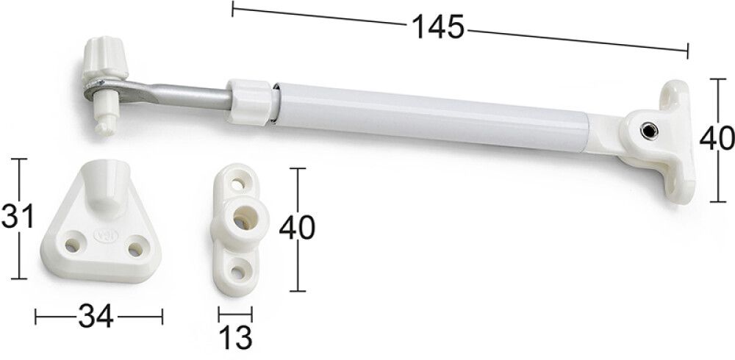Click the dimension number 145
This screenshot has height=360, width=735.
click(438, 27)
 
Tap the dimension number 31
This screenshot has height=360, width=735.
click(18, 216)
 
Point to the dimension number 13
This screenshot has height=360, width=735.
click(235, 337)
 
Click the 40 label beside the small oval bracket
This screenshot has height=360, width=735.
click(297, 228)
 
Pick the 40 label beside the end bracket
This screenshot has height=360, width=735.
click(717, 139)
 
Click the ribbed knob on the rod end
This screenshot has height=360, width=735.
click(104, 60)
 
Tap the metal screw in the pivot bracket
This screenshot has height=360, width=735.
click(649, 131)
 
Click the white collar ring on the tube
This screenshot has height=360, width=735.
click(250, 103)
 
